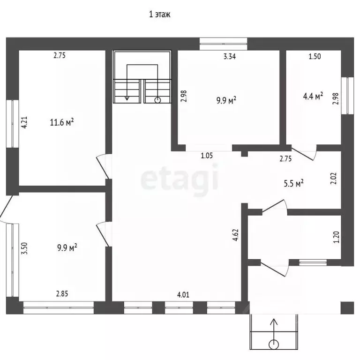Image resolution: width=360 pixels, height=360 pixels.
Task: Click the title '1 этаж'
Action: coord(160,15)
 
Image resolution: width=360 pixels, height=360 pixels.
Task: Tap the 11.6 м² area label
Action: coord(62,122)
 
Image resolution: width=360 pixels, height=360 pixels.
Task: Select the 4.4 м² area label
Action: coord(313,96)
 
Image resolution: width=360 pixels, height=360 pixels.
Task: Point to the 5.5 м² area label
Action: coord(293,183)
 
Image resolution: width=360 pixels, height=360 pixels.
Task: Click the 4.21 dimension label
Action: coord(24,122)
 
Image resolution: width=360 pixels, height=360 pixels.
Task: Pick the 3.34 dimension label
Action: coord(230,56)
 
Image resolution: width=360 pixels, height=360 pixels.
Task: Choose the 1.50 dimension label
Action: coord(315,56)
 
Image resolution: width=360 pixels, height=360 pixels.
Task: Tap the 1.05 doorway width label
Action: coord(207,156)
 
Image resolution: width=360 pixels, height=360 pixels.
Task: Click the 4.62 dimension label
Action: coord(236,235)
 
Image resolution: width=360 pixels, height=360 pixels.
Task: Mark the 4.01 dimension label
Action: coord(183,294)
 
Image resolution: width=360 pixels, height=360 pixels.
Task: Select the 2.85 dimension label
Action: coord(62,293)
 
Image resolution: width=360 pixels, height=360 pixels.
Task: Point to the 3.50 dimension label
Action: coord(24,248)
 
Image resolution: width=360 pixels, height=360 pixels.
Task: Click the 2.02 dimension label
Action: coord(334,179)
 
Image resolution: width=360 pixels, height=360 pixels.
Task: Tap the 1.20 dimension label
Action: coord(336,237)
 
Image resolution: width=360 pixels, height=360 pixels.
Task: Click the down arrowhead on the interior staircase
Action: coord(127,98)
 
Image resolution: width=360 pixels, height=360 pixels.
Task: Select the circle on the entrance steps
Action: coord(273,345)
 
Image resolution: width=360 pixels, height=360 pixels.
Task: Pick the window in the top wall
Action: coord(223,44)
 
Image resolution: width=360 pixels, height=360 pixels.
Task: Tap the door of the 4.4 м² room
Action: coord(304,153)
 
